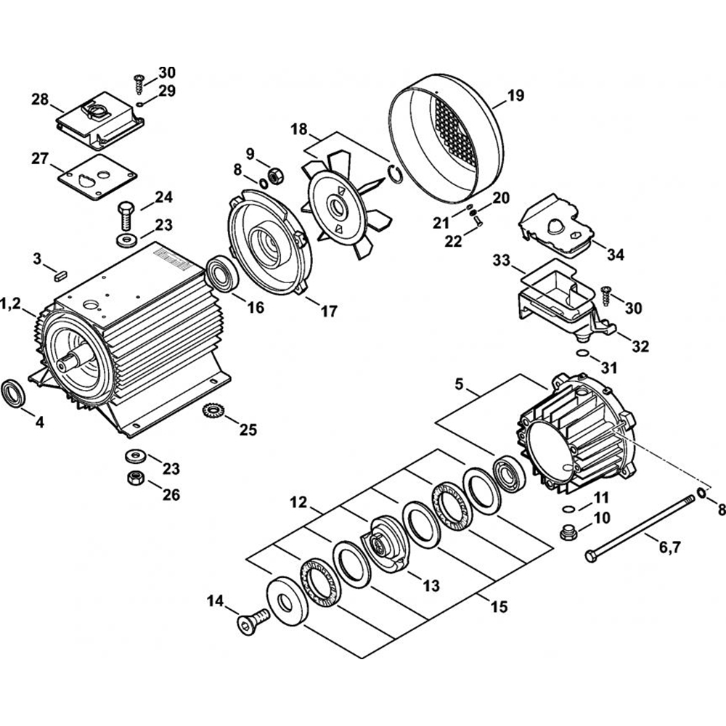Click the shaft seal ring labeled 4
pos(16,393)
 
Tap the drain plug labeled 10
pos(569,533)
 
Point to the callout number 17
pos(328,311)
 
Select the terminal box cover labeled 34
pos(559,225)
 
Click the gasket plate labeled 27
pos(99,176)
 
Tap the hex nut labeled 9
pos(276,174)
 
